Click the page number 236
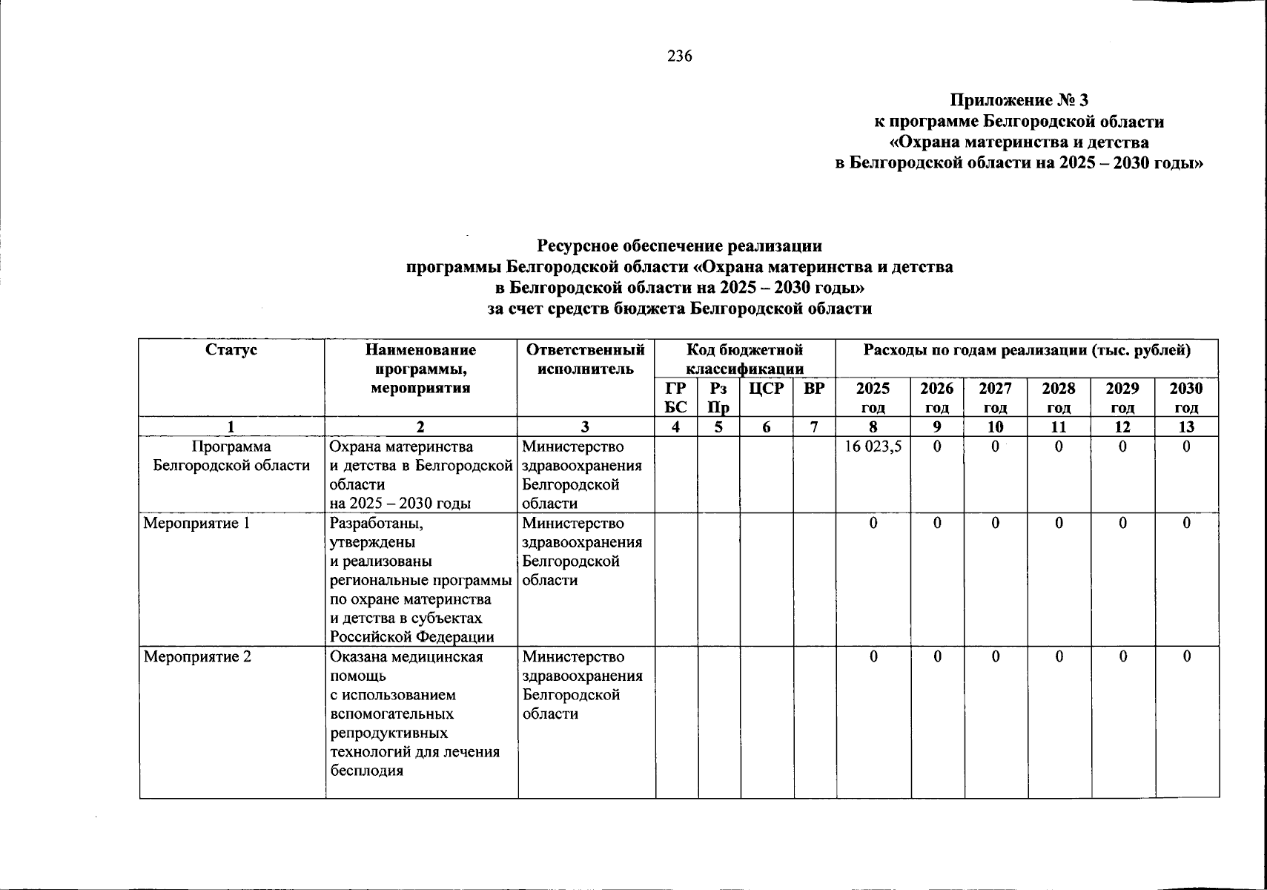[x=679, y=56]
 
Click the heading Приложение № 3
[x=1019, y=100]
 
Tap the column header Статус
[x=231, y=350]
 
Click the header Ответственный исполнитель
[x=585, y=359]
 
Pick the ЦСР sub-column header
[x=766, y=389]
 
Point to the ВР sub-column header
[x=814, y=389]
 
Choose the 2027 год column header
[x=995, y=398]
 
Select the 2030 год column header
[x=1185, y=398]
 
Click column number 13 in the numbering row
[x=1186, y=426]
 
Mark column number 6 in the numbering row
[x=766, y=426]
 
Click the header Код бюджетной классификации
[x=744, y=359]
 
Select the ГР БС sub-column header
[x=675, y=398]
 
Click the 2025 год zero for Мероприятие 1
[x=873, y=524]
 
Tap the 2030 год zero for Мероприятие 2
[x=1186, y=657]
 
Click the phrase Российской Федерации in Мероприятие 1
[x=411, y=637]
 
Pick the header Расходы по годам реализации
[x=1027, y=350]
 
